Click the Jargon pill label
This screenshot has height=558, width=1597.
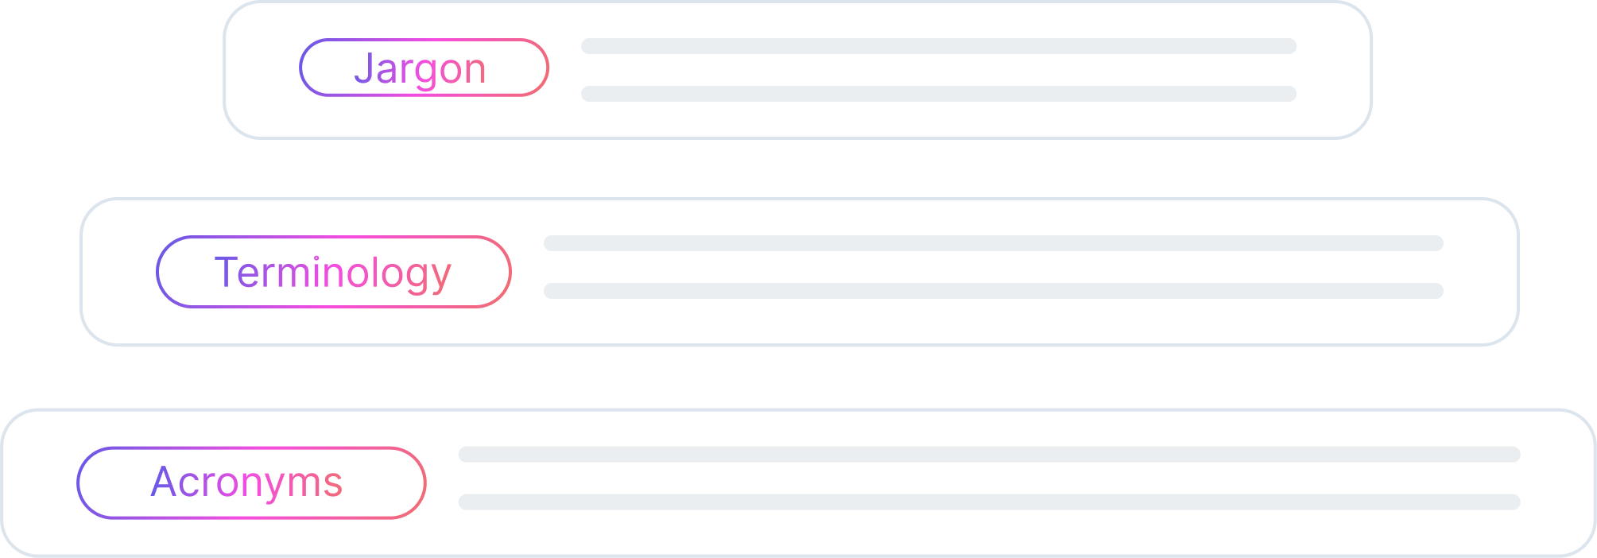point(424,68)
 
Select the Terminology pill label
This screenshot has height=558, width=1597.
point(334,272)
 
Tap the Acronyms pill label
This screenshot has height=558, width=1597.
point(251,482)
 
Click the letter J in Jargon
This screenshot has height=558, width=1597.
point(362,67)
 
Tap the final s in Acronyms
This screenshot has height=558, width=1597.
point(334,483)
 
